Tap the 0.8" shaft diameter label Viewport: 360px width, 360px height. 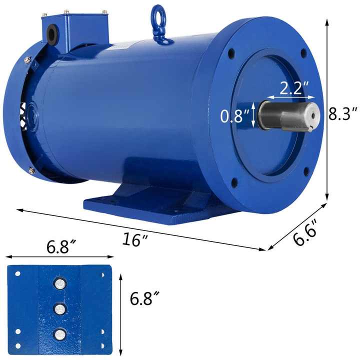[x=235, y=116]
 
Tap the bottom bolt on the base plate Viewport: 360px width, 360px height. [x=60, y=333]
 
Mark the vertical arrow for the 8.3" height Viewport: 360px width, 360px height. [x=327, y=110]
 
